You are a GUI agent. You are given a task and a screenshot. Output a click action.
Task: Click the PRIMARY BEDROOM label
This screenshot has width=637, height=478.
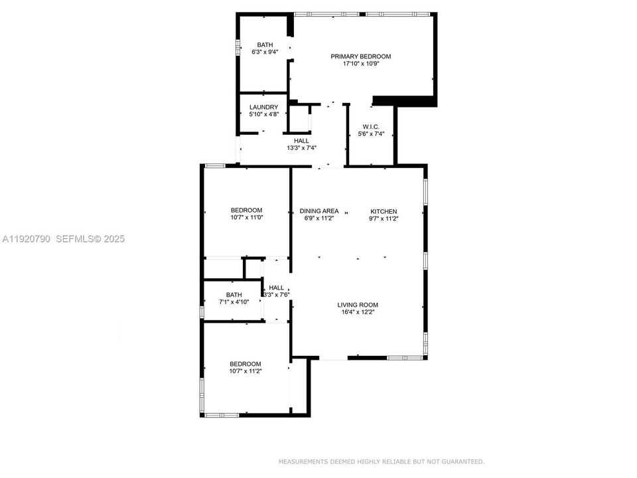(x=361, y=56)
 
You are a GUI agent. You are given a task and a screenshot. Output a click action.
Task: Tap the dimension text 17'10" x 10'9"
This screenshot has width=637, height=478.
(x=361, y=64)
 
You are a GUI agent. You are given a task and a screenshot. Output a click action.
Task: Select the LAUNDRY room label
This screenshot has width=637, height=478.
(x=263, y=107)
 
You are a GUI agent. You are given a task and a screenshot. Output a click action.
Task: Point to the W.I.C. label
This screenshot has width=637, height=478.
(x=371, y=126)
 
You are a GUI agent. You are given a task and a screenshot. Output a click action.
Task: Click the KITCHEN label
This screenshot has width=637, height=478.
(x=384, y=211)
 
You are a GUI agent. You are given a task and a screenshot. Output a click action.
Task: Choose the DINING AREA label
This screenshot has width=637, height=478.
(x=319, y=211)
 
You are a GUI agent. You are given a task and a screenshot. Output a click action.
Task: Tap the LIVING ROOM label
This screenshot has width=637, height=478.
(x=358, y=305)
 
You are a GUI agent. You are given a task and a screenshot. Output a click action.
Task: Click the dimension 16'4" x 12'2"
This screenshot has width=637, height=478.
(x=358, y=313)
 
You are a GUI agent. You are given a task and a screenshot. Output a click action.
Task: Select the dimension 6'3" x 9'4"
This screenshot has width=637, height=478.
(x=265, y=52)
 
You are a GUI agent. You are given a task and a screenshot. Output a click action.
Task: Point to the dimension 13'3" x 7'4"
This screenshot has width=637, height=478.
(x=302, y=148)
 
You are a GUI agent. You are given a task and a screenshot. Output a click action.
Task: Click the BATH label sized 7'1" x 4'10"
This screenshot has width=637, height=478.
(x=234, y=295)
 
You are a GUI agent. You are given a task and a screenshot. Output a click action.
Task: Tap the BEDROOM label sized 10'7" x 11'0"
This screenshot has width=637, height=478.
(x=246, y=210)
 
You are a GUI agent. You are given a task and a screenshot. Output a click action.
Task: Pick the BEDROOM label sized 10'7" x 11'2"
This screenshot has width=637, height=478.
(x=246, y=363)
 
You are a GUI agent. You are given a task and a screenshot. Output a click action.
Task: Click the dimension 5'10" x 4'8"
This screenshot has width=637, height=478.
(x=263, y=114)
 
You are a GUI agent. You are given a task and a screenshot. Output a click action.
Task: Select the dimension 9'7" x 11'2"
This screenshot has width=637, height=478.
(x=384, y=218)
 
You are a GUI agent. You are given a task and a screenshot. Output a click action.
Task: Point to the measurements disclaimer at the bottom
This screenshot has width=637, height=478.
(x=381, y=461)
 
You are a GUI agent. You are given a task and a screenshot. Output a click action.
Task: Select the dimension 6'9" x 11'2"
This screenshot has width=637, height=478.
(x=319, y=218)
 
